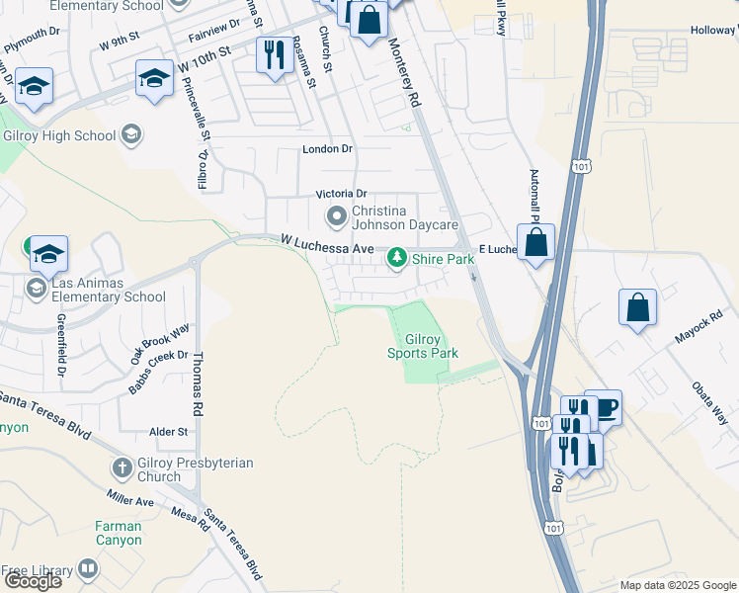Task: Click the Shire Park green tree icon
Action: click(x=397, y=259)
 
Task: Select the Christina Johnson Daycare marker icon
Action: click(x=337, y=215)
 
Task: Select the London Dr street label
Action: click(x=327, y=149)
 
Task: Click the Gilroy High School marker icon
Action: click(x=130, y=134)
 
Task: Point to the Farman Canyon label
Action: click(x=119, y=534)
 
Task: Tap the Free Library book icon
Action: click(x=88, y=570)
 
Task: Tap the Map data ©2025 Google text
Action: click(x=677, y=585)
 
